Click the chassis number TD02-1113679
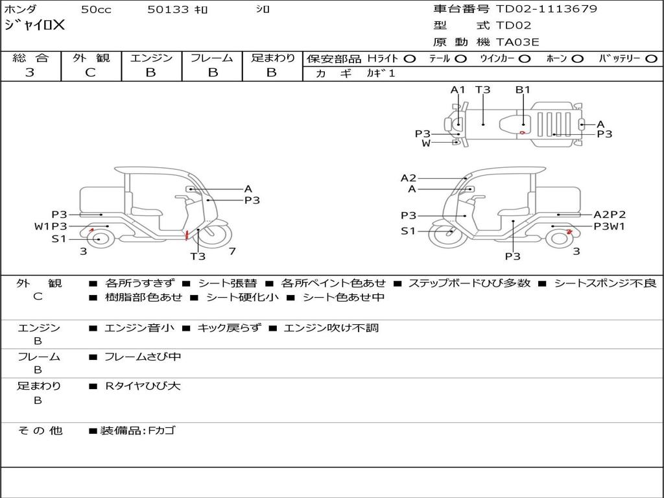546,9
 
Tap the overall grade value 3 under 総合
30,73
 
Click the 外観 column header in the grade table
91,58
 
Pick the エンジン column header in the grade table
151,58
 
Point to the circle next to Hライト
410,59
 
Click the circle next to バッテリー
651,59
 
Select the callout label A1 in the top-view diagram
457,89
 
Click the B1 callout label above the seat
523,89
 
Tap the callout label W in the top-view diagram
425,143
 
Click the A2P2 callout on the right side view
610,215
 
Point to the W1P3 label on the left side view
51,226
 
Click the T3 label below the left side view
197,256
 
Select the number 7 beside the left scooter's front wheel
232,251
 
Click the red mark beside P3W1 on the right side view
569,231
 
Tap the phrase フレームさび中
143,357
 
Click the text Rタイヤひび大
143,386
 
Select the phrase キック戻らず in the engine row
229,327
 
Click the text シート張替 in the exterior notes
228,283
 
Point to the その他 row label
40,431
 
